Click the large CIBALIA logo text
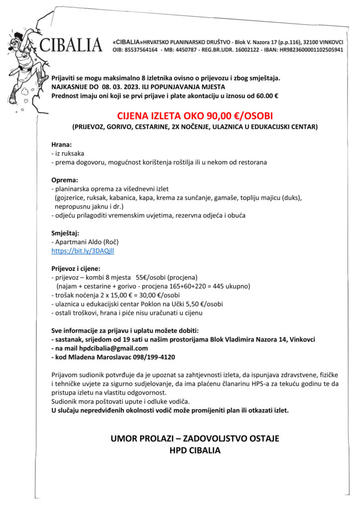[x=71, y=45]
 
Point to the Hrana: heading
[x=62, y=144]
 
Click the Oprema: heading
[x=65, y=180]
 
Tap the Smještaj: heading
[x=66, y=233]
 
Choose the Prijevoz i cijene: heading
[x=76, y=268]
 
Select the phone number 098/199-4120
[x=153, y=357]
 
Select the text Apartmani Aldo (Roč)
[x=87, y=242]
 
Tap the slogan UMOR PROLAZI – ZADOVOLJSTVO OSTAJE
[x=194, y=439]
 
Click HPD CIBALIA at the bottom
[x=194, y=451]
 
